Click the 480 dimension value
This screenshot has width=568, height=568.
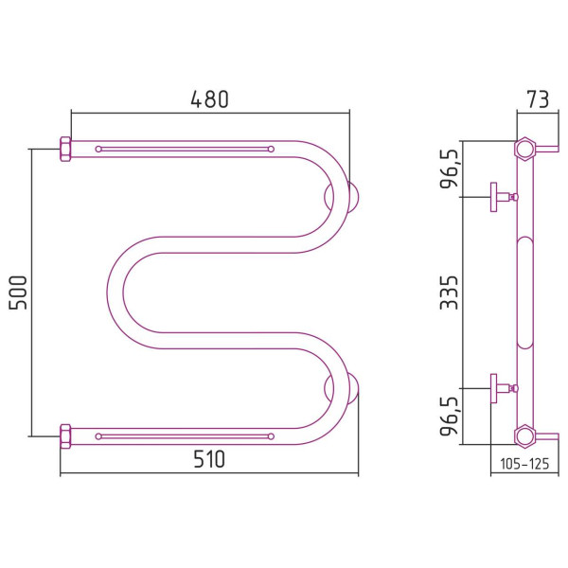click(210, 99)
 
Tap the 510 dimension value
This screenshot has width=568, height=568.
click(209, 459)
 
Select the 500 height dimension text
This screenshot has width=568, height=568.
click(18, 293)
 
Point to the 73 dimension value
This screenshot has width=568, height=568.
click(538, 99)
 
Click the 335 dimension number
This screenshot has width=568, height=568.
click(449, 293)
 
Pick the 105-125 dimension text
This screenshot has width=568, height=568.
click(524, 464)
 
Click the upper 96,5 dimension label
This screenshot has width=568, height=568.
click(449, 169)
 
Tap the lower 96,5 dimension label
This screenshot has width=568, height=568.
click(449, 417)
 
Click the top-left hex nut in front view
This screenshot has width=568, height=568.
click(65, 149)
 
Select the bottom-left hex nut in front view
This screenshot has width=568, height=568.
click(65, 436)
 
